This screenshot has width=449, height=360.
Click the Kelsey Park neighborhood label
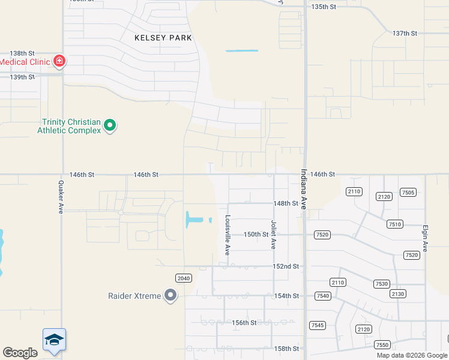point(163,38)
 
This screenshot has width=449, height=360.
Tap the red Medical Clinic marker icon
point(59,61)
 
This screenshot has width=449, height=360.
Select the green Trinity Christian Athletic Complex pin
point(110,125)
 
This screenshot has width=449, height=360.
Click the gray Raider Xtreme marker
point(171,295)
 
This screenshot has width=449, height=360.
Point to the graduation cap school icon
point(54,340)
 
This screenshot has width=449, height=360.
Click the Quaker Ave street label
point(61,197)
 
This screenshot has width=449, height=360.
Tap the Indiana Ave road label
point(304,188)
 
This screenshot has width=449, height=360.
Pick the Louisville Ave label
point(228,235)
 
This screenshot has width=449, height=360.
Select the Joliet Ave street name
point(274,235)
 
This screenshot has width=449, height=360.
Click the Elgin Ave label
point(425,238)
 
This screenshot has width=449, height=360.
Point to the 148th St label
point(286,203)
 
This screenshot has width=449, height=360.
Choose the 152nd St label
point(286,266)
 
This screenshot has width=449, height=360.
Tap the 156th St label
point(244,322)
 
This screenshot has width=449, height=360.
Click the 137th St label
point(405,33)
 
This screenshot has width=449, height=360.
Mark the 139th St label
point(22,77)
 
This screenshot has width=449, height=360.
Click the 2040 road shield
point(184,278)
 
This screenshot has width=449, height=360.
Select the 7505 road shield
point(408,192)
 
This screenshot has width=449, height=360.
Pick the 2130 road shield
point(398,293)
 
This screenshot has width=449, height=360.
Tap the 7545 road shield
point(318,325)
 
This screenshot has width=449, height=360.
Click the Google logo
point(20,353)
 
